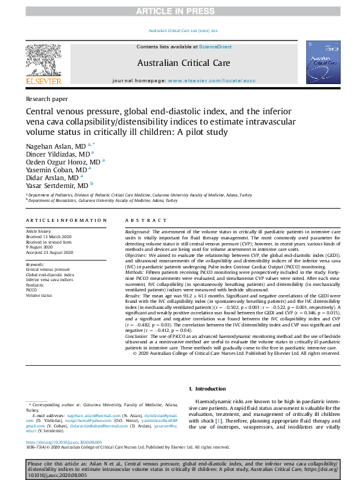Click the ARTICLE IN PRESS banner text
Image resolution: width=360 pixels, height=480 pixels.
(180, 11)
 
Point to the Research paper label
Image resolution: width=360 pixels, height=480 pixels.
(47, 99)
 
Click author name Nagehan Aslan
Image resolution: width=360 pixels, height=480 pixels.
(50, 147)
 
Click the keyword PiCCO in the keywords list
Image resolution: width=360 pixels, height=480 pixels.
(31, 290)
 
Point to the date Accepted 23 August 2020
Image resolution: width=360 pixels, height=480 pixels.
(49, 253)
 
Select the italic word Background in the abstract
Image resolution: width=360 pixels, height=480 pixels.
(137, 232)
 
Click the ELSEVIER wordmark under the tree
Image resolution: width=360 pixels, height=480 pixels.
(43, 81)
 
